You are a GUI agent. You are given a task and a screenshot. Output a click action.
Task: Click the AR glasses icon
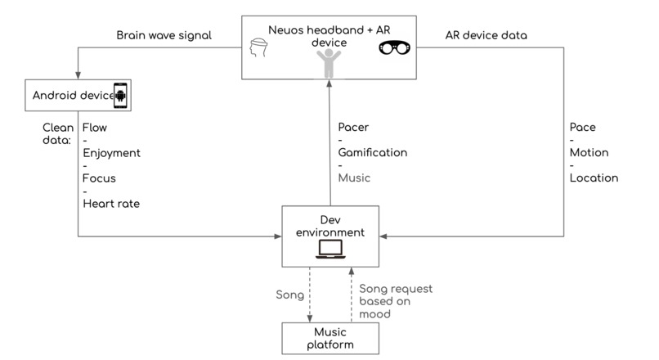[x=394, y=48]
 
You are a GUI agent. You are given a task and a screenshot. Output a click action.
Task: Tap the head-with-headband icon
[x=258, y=47]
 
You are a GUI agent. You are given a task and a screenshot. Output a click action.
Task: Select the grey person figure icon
[x=329, y=63]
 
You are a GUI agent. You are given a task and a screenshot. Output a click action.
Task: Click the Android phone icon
[x=120, y=96]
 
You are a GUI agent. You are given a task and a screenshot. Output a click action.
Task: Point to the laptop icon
[x=330, y=249]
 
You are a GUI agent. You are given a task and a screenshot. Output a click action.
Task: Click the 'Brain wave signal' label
[x=164, y=35]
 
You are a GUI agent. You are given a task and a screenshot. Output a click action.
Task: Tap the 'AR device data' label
[x=486, y=35]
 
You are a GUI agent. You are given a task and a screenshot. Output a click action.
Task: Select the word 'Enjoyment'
[x=111, y=153]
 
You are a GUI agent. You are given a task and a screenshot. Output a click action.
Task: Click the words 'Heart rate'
[x=111, y=204]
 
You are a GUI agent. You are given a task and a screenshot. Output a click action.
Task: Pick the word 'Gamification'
[x=373, y=152]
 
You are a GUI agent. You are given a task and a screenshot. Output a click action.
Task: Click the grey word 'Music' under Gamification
[x=354, y=178]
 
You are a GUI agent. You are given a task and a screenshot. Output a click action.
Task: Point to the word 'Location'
[x=594, y=178]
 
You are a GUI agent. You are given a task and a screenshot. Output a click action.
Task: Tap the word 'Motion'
[x=589, y=153]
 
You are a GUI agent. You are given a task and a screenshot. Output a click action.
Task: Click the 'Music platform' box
[x=330, y=339]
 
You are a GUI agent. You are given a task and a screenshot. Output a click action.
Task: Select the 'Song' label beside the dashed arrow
[x=290, y=295]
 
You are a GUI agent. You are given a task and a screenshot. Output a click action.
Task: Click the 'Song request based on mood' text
[x=396, y=301]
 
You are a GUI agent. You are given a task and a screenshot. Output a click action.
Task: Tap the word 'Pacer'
[x=353, y=127]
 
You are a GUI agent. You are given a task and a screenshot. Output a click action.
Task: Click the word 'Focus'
[x=99, y=178]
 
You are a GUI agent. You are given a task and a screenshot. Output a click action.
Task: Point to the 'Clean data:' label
[x=58, y=133]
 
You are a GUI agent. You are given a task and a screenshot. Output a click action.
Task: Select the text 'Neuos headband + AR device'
[x=329, y=36]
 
